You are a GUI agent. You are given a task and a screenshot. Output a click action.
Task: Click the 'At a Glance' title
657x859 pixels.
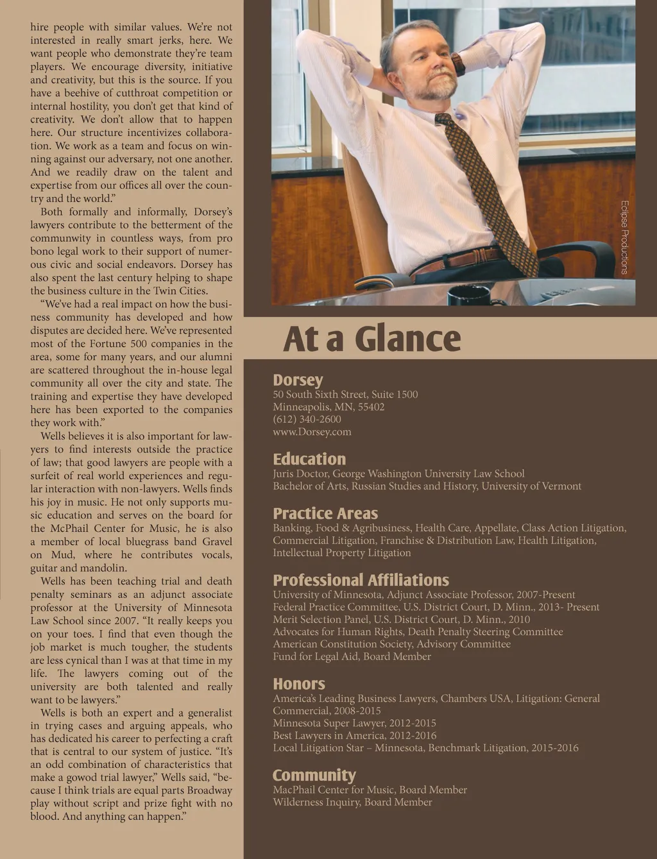point(371,339)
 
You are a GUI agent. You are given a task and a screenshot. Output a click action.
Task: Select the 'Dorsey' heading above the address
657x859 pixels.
point(298,380)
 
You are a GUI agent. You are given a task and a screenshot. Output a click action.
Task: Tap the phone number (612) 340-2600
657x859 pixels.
point(307,419)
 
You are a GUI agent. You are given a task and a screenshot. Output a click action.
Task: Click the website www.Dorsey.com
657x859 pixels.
point(312,432)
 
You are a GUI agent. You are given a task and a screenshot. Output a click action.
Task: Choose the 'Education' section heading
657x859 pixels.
point(309,459)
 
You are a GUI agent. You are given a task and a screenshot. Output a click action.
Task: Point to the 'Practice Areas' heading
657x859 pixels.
point(325,514)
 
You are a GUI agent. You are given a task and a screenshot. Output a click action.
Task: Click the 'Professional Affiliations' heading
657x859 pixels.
point(361,581)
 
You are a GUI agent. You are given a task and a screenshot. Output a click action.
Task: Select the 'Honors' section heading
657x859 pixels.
point(299,684)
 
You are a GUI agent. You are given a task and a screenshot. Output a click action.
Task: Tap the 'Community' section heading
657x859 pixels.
point(314,776)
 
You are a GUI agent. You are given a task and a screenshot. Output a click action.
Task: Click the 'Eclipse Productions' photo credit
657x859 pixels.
point(624,237)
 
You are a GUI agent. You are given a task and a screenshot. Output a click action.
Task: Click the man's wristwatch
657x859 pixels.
point(458,64)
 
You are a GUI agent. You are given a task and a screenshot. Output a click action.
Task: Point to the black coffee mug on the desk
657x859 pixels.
point(468,296)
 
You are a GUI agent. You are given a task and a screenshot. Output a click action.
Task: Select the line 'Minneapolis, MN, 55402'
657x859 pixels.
point(328,407)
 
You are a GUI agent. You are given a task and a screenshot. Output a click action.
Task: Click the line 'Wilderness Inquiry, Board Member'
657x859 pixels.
point(352,802)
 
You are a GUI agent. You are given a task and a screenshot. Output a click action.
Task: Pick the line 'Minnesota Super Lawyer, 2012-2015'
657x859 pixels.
point(354,723)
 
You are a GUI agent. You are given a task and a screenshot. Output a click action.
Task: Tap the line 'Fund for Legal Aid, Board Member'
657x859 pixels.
point(352,656)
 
